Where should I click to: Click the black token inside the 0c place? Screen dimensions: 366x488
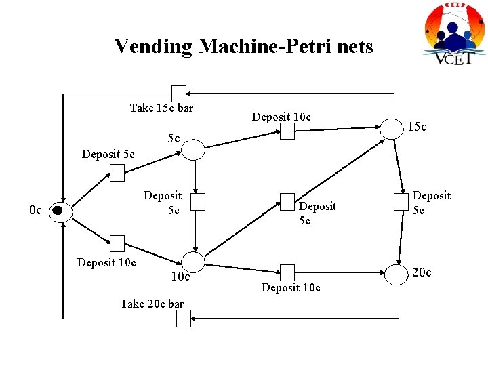click(58, 211)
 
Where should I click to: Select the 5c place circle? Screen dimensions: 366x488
click(194, 150)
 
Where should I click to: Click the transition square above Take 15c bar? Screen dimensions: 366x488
click(178, 94)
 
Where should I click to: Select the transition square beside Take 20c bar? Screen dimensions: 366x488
click(184, 318)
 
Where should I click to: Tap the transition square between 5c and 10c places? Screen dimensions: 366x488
click(197, 202)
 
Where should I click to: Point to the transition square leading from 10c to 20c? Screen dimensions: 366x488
click(287, 272)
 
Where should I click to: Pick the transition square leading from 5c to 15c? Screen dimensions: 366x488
click(287, 131)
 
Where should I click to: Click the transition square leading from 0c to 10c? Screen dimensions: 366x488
click(117, 243)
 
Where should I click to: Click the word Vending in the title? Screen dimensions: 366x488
click(153, 46)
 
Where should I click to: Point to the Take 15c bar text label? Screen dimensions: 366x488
click(161, 108)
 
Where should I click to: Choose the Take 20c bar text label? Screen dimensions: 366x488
click(152, 304)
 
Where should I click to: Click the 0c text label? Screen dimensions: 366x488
click(36, 211)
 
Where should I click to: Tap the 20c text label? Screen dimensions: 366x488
click(421, 272)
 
